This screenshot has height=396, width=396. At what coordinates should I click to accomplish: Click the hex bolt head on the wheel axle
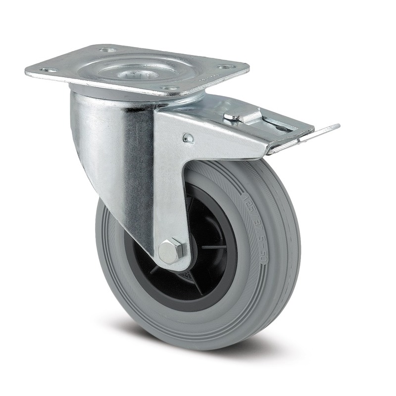tap(172, 251)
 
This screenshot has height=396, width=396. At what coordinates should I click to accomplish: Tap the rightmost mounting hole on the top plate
tap(226, 67)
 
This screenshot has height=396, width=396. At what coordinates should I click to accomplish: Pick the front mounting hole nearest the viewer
tap(170, 88)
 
